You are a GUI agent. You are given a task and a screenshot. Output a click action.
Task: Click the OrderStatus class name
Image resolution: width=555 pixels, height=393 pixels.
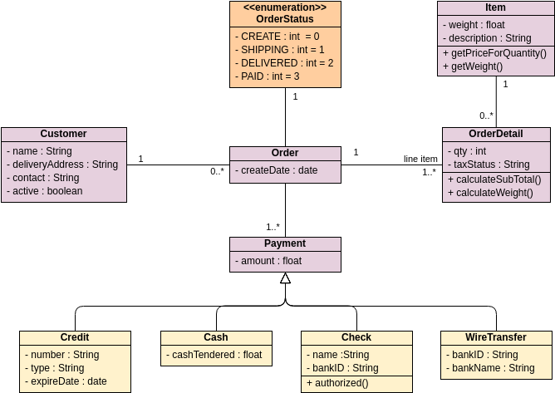(x=285, y=19)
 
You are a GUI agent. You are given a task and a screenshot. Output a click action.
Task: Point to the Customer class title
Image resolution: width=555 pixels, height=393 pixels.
(x=63, y=134)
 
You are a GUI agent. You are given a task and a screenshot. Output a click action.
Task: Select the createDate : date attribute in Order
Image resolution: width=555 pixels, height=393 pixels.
(x=279, y=170)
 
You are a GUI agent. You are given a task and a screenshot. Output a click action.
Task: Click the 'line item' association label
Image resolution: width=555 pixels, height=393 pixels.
(x=420, y=159)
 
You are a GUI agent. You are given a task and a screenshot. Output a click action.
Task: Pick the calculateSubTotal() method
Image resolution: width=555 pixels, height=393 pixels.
(x=494, y=179)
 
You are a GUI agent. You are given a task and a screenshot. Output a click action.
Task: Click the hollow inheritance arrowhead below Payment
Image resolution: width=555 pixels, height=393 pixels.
(x=285, y=278)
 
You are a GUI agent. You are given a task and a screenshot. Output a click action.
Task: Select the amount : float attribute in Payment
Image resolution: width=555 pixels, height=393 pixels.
(x=271, y=261)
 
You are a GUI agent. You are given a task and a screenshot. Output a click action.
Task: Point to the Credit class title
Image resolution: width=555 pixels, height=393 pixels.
(x=75, y=337)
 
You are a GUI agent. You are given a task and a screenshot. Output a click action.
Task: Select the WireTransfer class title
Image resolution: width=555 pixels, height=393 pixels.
(x=495, y=337)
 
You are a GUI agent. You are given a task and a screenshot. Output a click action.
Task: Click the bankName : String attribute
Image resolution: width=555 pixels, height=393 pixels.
(x=490, y=368)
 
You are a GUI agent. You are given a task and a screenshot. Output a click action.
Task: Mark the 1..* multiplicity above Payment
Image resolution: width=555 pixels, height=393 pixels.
(x=273, y=227)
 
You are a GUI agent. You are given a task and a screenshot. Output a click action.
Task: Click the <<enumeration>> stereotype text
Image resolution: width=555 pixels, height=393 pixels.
(x=285, y=7)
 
